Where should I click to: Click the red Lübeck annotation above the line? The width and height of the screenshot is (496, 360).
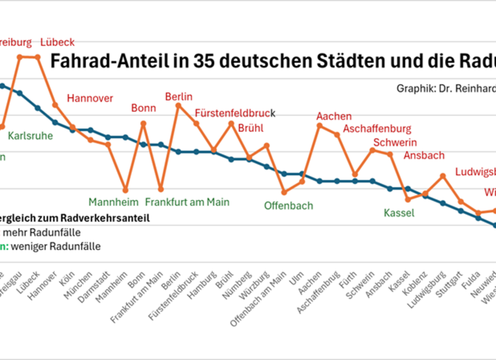click(57, 42)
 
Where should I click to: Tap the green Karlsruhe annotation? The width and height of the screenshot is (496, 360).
click(31, 136)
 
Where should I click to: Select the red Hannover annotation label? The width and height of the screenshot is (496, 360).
click(90, 98)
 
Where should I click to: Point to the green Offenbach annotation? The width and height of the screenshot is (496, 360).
click(288, 206)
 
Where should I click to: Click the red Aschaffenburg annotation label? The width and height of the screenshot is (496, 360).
click(377, 129)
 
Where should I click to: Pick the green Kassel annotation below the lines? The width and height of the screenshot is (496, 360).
click(399, 213)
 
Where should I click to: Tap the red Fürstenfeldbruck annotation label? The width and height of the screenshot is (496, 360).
click(235, 114)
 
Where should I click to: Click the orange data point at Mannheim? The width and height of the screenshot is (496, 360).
click(126, 190)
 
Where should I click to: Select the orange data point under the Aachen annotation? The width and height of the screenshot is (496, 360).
click(320, 126)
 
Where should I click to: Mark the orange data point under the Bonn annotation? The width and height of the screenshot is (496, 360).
click(144, 123)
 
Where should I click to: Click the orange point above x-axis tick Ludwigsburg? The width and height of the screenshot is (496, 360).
click(443, 176)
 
